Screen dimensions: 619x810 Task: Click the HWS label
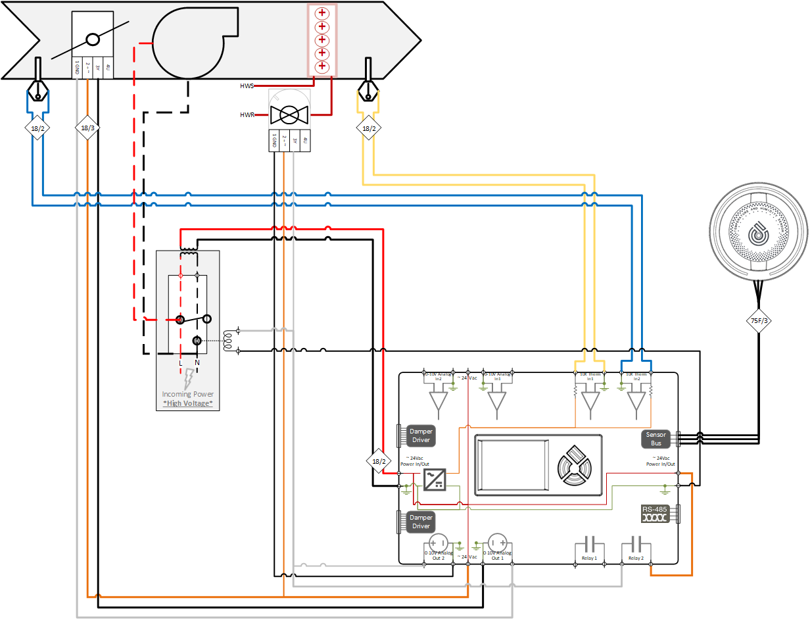(247, 86)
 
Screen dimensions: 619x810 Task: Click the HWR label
(247, 115)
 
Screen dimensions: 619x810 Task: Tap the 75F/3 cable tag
(759, 321)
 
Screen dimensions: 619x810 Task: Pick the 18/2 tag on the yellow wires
(368, 128)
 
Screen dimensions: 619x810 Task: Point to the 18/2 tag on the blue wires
(37, 128)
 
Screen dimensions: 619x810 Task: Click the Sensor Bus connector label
(655, 439)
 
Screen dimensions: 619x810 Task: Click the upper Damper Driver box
(421, 435)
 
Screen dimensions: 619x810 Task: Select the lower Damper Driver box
(421, 522)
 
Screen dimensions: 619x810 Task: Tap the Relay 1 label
(589, 558)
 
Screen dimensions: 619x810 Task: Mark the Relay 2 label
(634, 558)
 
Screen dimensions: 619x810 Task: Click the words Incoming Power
(188, 394)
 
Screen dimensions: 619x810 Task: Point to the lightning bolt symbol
(189, 378)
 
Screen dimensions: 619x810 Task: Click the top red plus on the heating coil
(322, 14)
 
